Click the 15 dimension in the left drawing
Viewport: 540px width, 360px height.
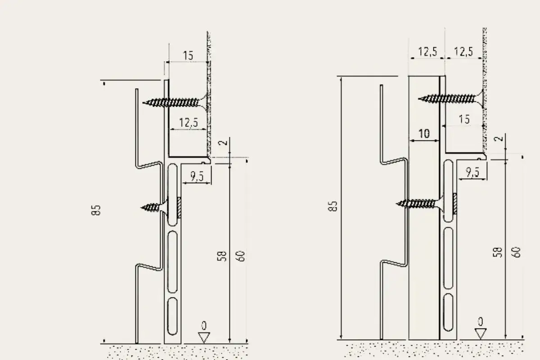tap(188, 56)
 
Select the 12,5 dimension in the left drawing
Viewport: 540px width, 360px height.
tap(189, 122)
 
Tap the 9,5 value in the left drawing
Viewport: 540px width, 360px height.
tap(197, 176)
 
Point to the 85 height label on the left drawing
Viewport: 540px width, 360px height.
tap(96, 210)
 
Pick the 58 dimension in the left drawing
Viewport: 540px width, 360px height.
tap(222, 256)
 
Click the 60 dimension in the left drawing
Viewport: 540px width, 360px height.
tap(240, 256)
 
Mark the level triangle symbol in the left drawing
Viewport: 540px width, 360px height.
tap(204, 337)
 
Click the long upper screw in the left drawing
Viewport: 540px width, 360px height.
tap(177, 103)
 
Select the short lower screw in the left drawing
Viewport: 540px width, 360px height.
tap(154, 207)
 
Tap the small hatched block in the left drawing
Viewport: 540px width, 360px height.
tap(179, 207)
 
